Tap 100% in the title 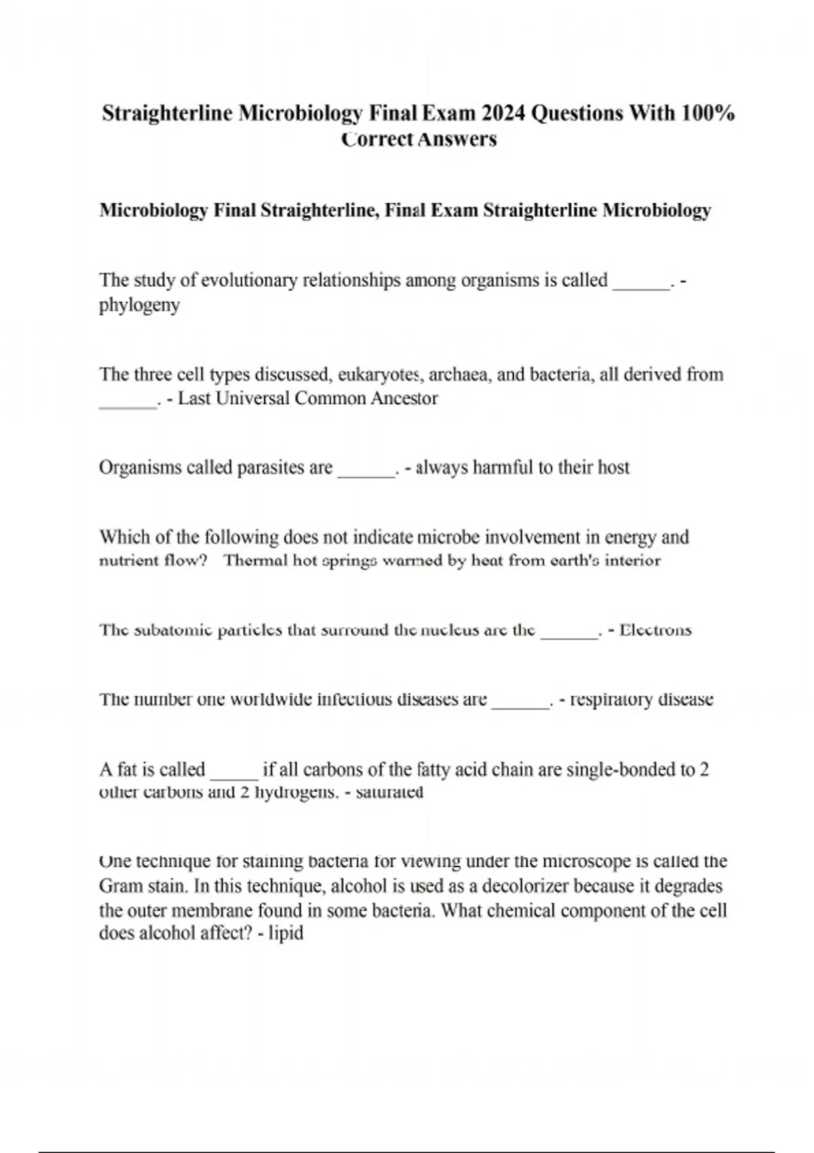708,113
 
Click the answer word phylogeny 140,305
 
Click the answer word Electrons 655,630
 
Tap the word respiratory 612,699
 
